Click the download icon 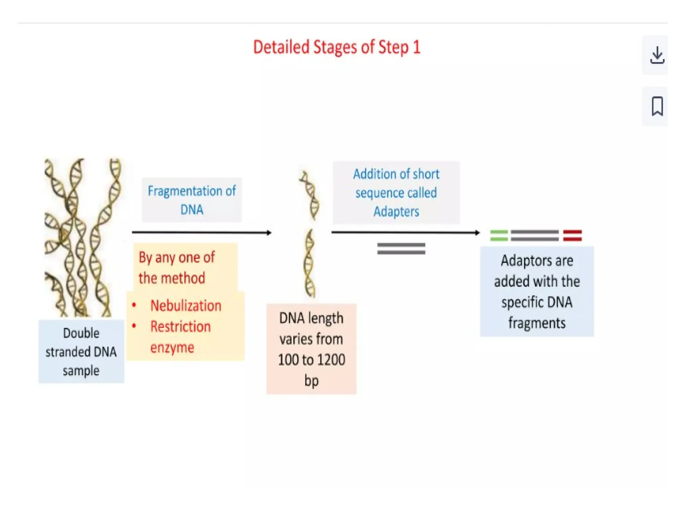pos(657,55)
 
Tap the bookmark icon pos(657,106)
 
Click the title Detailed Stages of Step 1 pos(337,47)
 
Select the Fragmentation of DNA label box pos(192,200)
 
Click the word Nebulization pos(186,305)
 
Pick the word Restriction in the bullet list pos(180,327)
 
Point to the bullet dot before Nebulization pos(134,305)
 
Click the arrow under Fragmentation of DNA pos(202,232)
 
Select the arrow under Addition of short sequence pos(405,232)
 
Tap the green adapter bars pos(499,235)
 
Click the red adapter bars pos(572,235)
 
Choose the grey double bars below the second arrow pos(401,249)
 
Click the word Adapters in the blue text pos(396,212)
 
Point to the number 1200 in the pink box pos(329,360)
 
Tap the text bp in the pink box pos(311,381)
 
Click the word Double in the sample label pos(81,333)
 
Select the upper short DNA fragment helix pos(310,195)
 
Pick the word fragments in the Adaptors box pos(537,323)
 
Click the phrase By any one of pos(177,258)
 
